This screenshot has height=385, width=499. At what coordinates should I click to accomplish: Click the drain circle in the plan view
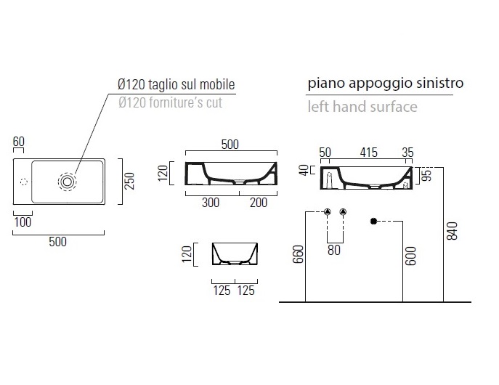pos(67,182)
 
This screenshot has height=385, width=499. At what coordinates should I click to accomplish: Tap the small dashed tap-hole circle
pos(24,182)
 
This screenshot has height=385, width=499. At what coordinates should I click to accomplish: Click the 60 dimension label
pos(19,142)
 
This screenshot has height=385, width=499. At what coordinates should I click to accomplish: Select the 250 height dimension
pos(130,181)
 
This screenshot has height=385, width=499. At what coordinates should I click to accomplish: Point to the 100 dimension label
pos(23,222)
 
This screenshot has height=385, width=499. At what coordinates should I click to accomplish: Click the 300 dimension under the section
pos(211,203)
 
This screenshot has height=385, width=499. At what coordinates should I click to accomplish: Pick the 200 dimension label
pos(259,203)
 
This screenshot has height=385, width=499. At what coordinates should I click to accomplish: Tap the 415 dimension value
pos(368,153)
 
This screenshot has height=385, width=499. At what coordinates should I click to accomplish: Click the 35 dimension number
pos(407,153)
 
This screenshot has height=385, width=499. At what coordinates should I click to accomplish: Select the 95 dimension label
pos(428,175)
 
